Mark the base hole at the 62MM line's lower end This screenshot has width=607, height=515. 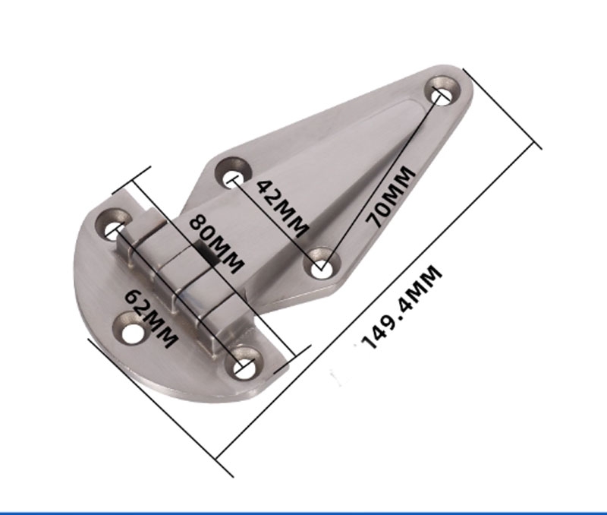244,367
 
